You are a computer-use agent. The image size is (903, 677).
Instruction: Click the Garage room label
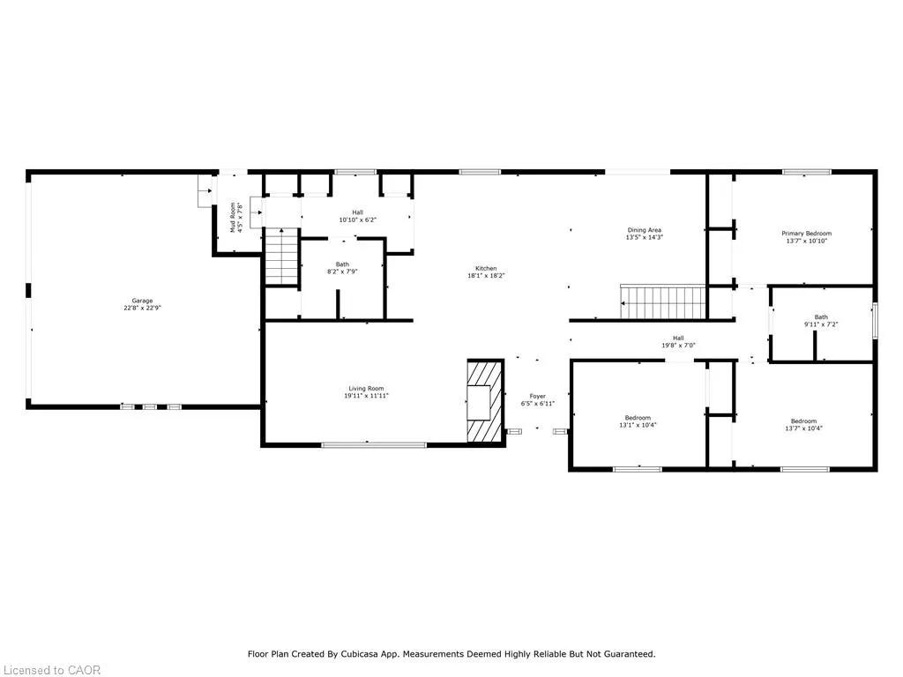point(142,301)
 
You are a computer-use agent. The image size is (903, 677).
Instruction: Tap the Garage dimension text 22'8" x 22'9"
point(142,308)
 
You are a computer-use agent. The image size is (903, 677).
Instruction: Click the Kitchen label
point(486,268)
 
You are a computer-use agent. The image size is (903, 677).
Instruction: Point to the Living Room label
point(366,389)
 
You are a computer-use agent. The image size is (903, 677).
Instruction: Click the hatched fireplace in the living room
point(486,401)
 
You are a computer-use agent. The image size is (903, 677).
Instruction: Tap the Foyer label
point(537,396)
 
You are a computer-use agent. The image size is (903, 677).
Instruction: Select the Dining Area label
point(645,230)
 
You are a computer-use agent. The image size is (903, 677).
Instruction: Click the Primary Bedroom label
point(806,233)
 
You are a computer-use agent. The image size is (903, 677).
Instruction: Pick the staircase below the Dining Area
point(663,301)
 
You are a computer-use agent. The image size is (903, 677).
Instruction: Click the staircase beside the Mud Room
point(281,257)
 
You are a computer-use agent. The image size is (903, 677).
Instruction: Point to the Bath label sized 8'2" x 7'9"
point(342,264)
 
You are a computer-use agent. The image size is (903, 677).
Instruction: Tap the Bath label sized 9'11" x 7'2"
point(821,317)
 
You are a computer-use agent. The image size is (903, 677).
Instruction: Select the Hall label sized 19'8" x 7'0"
point(678,338)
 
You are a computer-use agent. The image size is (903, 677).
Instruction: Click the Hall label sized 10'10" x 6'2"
point(358,212)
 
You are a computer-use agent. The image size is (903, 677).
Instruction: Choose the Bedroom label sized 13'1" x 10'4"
point(638,418)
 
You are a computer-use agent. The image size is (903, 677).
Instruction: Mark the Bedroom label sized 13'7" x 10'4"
point(803,420)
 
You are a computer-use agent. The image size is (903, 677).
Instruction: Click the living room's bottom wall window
point(374,445)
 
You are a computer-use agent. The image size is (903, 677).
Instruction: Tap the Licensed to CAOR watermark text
point(52,670)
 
